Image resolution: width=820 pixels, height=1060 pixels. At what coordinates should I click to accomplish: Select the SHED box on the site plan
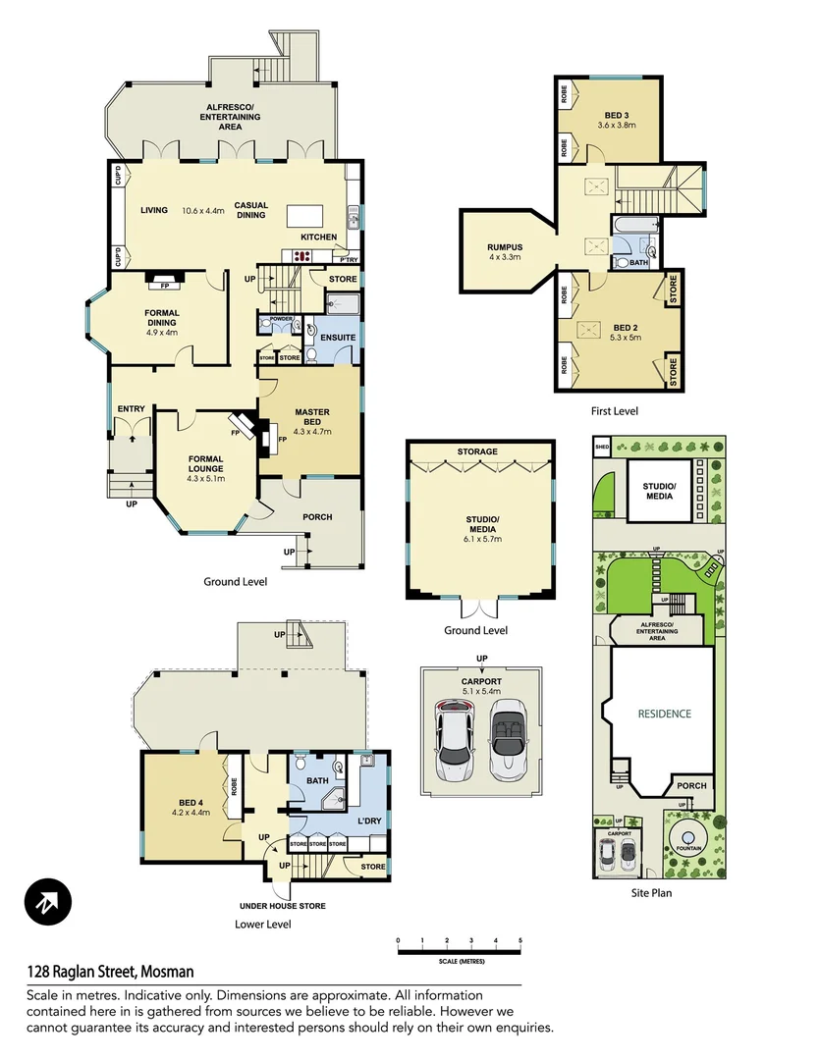602,449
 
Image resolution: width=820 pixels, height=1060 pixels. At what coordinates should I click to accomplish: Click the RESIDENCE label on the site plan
664,714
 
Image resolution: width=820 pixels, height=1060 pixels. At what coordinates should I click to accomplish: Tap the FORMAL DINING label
161,318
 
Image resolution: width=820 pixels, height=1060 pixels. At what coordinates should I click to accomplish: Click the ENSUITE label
337,337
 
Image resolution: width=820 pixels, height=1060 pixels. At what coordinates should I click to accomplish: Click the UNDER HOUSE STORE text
283,906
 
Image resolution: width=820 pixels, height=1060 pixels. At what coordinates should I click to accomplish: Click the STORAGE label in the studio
477,451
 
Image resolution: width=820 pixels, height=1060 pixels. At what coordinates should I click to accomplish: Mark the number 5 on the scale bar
519,941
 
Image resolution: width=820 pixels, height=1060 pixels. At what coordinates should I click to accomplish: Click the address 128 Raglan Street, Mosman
110,972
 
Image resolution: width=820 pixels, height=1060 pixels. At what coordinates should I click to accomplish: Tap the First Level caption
614,411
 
